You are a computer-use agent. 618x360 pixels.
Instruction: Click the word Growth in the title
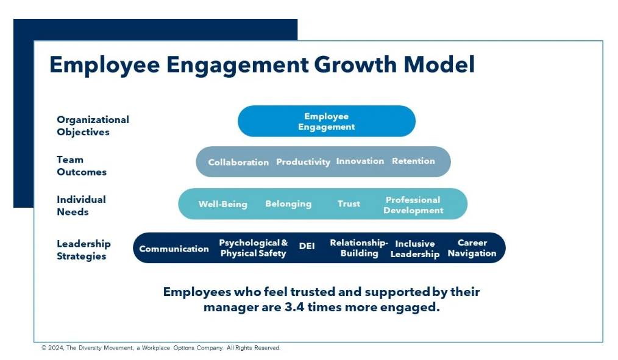pos(355,65)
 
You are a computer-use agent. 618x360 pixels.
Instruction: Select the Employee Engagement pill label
pos(326,121)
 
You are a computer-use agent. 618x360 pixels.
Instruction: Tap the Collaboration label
pos(238,162)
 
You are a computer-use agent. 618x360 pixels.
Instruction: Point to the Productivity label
pos(303,162)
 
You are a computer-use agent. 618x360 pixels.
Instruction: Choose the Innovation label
pos(360,161)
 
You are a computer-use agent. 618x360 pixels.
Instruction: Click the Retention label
pos(413,161)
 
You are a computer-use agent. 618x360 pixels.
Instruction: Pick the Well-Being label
pos(222,204)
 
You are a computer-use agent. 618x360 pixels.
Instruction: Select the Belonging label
pos(288,203)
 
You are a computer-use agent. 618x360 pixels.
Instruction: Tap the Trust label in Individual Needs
pos(349,203)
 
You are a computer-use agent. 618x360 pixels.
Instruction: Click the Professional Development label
pos(413,205)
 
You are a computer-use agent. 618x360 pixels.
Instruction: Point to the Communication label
pos(174,249)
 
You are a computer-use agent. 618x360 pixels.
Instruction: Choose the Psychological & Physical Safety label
pos(254,248)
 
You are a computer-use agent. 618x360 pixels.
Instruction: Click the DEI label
pos(307,246)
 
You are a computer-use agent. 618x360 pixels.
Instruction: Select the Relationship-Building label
pos(359,248)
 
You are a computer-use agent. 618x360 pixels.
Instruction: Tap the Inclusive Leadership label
pos(415,249)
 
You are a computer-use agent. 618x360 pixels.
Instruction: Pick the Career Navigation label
pos(472,248)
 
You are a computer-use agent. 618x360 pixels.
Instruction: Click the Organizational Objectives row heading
pos(93,125)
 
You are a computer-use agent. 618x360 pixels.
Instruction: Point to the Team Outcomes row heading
pos(82,166)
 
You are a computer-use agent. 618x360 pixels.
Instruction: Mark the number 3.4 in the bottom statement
pos(294,307)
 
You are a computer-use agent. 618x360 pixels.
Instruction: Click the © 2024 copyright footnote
pos(161,348)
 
